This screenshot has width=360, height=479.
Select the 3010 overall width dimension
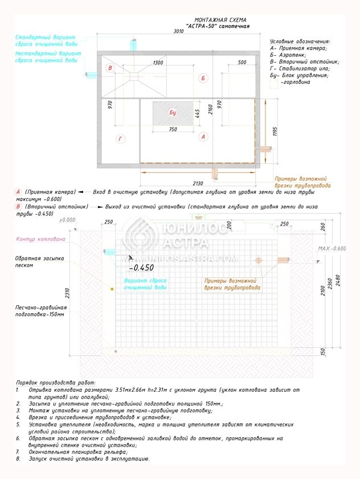click(178, 32)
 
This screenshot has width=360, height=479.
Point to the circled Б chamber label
click(202, 77)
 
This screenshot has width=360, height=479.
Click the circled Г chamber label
click(120, 138)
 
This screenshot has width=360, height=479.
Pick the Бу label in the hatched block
click(173, 113)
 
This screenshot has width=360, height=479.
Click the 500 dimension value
click(242, 62)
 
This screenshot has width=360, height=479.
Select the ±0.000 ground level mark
click(68, 219)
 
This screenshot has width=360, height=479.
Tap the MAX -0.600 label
click(332, 248)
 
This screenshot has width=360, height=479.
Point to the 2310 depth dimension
click(68, 293)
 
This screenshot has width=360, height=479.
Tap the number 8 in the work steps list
click(17, 458)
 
